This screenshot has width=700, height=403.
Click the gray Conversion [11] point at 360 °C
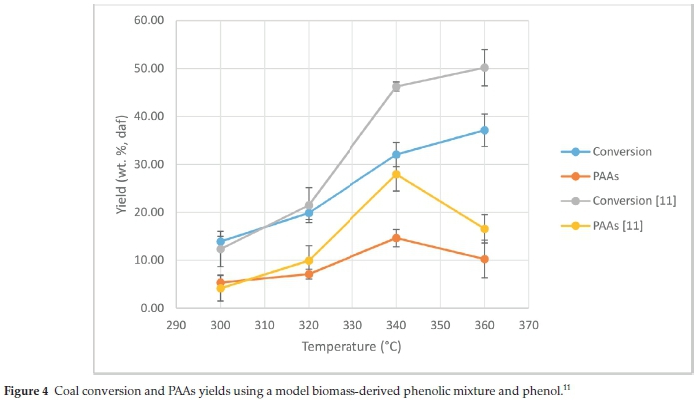[x=484, y=68]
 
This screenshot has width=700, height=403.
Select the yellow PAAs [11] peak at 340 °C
[x=396, y=174]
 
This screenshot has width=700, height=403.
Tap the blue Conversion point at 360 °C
[x=484, y=130]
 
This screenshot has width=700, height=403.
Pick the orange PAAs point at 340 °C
[x=396, y=238]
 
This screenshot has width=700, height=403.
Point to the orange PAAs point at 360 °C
[x=484, y=259]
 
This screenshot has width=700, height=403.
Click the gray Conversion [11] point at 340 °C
[x=396, y=87]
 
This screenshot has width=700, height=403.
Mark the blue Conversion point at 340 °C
[x=396, y=154]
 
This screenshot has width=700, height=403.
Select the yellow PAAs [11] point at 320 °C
[x=309, y=261]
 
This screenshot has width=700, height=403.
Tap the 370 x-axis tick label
[x=528, y=325]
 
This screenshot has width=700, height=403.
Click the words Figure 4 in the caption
[x=31, y=389]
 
